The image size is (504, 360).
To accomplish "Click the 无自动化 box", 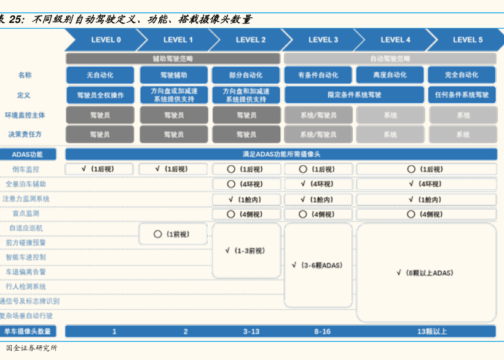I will coord(100,75).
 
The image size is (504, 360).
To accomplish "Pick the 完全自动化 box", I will coord(462,75).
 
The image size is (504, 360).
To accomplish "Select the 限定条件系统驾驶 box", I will coord(354,95).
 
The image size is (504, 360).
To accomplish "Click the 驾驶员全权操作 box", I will coord(100,95).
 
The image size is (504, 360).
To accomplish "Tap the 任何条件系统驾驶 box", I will coord(462,95).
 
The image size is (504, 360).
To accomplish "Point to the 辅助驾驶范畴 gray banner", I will coord(173,58).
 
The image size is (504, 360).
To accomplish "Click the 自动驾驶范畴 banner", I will coord(390,58).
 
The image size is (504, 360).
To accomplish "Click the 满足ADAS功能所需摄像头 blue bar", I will coord(281,154).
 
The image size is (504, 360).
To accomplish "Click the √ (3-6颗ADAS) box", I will coord(318,265).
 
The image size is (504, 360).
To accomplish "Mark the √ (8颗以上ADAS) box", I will coord(426,272).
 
